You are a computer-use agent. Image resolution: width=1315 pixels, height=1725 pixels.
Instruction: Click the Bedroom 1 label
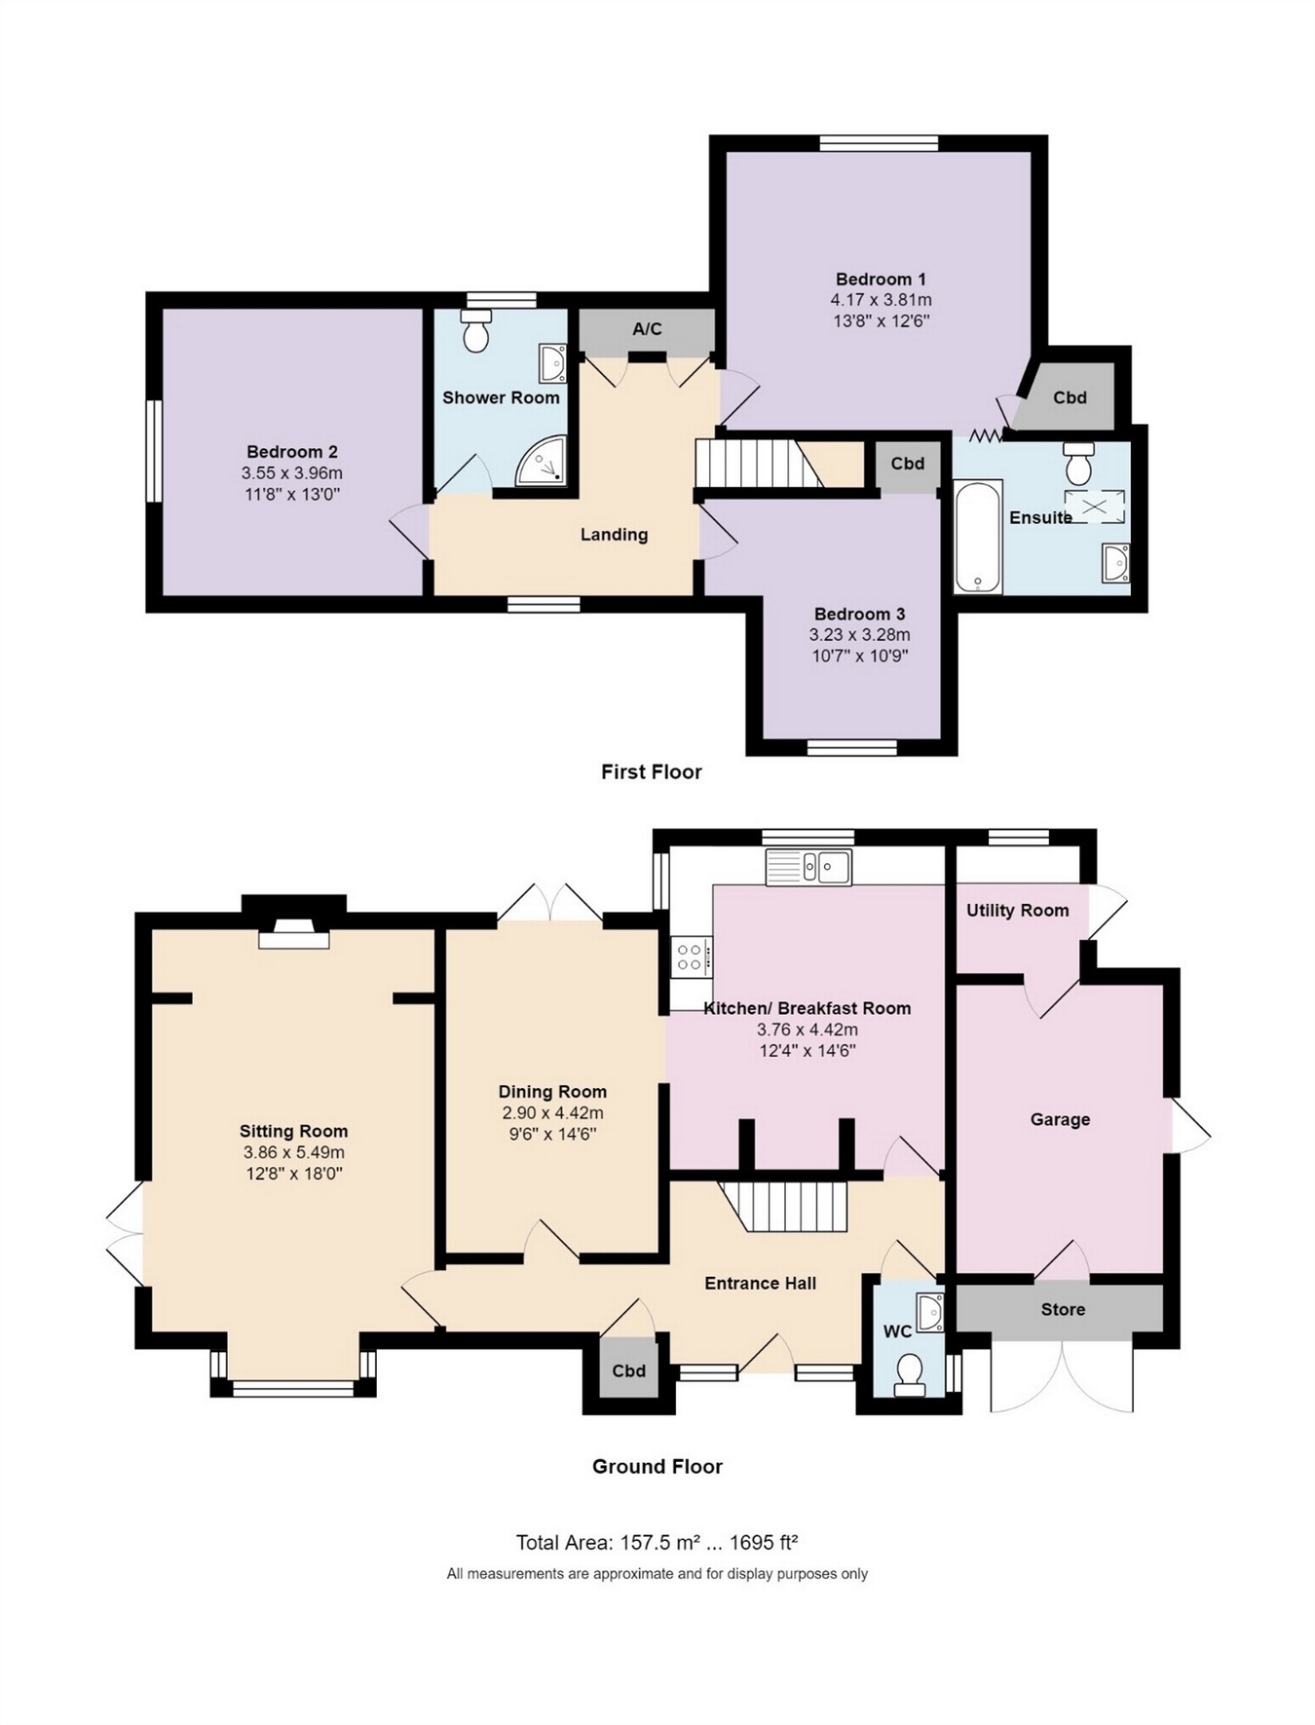881,279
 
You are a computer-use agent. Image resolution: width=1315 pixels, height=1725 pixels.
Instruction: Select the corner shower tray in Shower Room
541,461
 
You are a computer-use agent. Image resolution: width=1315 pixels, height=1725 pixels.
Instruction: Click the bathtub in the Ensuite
978,537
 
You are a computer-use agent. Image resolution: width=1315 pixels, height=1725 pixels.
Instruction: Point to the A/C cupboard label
647,329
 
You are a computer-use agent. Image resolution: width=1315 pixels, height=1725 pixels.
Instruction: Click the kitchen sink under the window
808,867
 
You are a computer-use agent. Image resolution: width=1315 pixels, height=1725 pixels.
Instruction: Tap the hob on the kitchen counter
692,955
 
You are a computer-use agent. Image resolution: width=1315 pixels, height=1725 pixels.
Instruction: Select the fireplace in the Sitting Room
293,934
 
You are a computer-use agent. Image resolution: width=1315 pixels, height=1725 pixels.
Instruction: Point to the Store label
1062,1309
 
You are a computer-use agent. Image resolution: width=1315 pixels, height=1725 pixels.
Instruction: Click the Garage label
1060,1120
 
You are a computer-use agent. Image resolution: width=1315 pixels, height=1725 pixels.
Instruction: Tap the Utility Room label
1017,911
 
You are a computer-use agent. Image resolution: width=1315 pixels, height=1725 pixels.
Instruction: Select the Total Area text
657,1543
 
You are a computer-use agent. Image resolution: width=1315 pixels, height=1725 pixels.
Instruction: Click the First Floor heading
651,772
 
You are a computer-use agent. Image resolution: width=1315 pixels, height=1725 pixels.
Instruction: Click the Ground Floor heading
657,1467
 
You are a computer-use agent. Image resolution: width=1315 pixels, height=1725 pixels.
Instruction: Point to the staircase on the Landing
755,464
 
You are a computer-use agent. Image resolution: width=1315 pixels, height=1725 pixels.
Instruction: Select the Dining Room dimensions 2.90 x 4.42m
552,1113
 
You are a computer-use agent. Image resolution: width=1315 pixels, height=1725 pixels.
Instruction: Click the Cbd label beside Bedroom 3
907,464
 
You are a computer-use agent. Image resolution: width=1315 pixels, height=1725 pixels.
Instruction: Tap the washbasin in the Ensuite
1115,562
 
